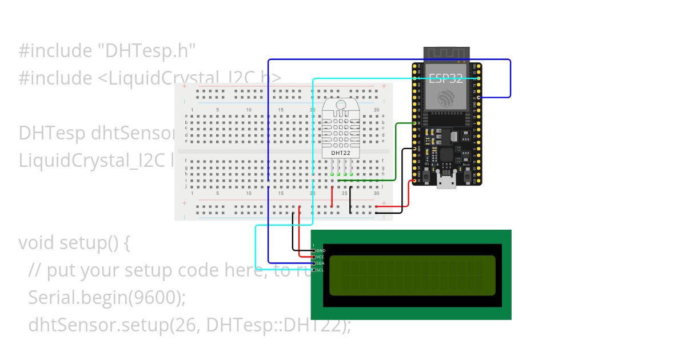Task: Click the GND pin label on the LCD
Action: pos(321,250)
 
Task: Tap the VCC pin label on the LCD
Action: pos(321,257)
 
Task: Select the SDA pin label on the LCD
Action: pos(321,263)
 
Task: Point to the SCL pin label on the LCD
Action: pos(321,270)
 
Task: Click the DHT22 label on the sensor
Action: pos(341,153)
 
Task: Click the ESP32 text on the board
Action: pos(446,78)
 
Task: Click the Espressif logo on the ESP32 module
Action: pos(446,98)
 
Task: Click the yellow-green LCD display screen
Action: pos(412,275)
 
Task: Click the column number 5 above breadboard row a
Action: pos(217,110)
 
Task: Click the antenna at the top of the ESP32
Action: pos(446,54)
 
